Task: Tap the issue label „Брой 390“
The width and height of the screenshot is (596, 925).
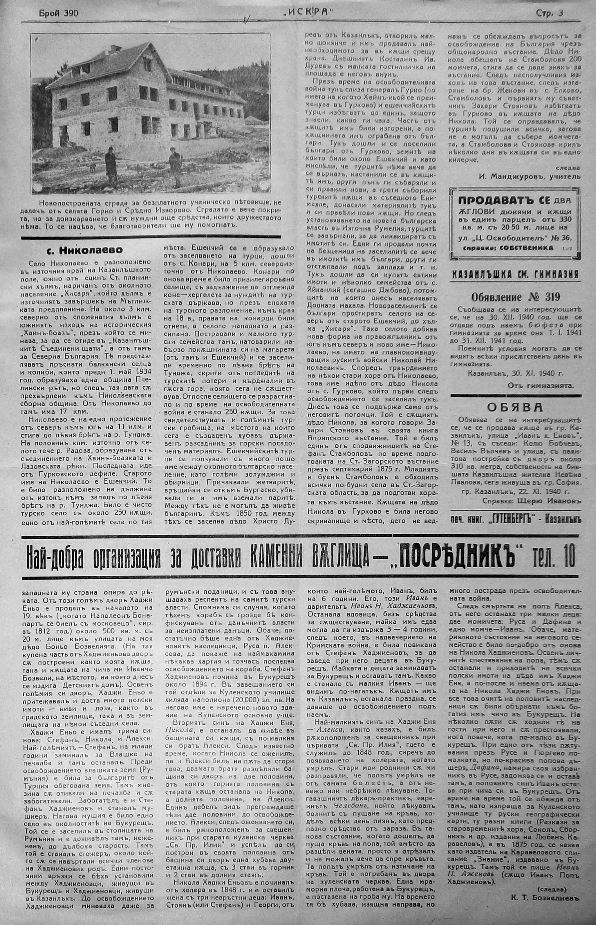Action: pos(58,14)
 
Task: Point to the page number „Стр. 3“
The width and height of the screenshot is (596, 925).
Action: pos(549,13)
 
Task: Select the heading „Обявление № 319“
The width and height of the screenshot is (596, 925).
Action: pos(515,297)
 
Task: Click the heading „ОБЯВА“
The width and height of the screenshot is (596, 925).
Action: pos(515,407)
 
